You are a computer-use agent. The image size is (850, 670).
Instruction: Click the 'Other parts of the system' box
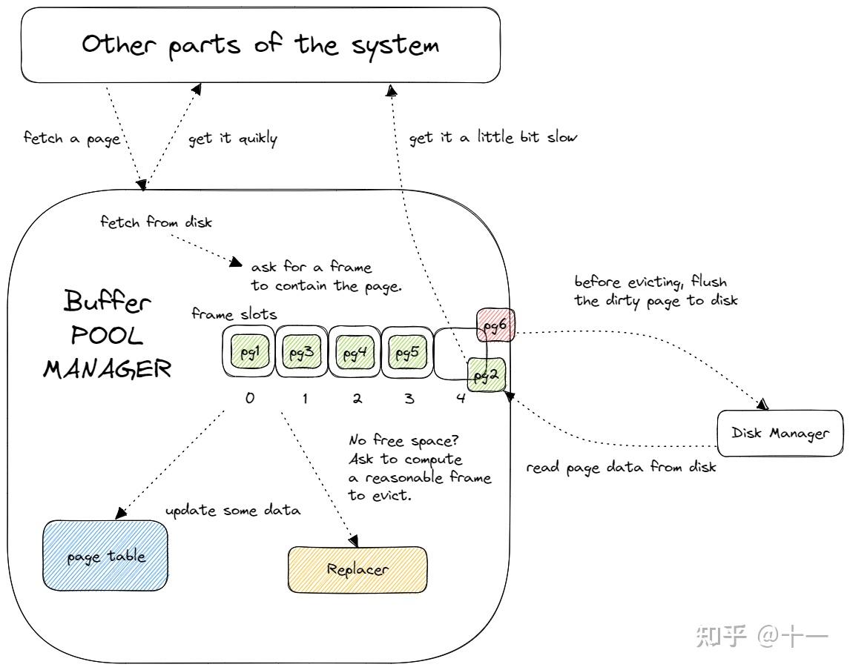[260, 44]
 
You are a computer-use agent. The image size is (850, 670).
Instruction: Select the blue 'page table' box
[105, 556]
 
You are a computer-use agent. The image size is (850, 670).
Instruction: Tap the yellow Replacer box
[357, 569]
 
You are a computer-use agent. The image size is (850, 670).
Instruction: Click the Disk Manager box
[780, 433]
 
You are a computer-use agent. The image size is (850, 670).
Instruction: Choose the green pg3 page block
[300, 352]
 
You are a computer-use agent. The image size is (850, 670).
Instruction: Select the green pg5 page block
[406, 352]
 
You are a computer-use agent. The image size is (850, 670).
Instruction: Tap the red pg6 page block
[495, 325]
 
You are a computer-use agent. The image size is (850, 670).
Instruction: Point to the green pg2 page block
[486, 374]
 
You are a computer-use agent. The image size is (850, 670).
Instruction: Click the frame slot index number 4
[461, 399]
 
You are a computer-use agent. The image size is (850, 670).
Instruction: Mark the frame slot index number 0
[250, 398]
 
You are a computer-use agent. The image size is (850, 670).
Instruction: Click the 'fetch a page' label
[72, 139]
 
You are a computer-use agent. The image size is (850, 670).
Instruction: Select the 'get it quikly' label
[233, 139]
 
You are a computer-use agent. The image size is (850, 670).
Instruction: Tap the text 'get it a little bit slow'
[492, 137]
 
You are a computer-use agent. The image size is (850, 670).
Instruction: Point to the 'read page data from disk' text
[620, 468]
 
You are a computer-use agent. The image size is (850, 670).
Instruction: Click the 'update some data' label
[232, 511]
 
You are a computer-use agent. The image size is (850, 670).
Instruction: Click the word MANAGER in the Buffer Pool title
[107, 368]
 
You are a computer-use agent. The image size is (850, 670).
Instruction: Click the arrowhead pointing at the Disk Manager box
[762, 405]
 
